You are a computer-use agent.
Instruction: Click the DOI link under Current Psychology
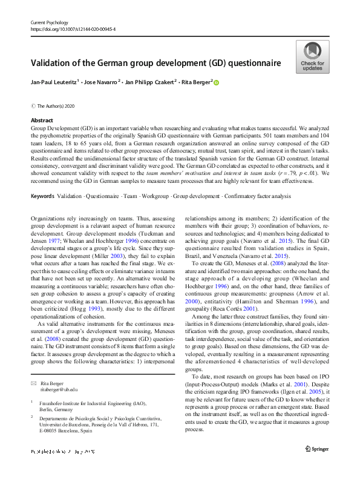73,28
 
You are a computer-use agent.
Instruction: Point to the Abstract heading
41,121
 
